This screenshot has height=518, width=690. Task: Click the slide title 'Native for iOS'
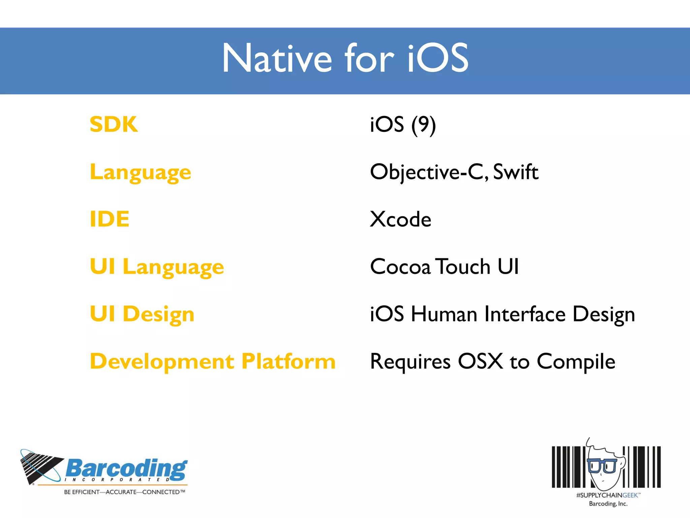[x=345, y=58]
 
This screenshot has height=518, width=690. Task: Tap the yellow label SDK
[x=114, y=124]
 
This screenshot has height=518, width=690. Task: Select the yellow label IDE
[x=109, y=219]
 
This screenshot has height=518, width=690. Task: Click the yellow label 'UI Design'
[x=142, y=314]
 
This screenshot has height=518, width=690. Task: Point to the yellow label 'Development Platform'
[x=213, y=361]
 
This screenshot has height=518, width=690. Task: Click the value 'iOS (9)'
[x=403, y=124]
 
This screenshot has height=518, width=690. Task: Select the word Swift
[x=515, y=172]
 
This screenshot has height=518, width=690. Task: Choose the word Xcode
[x=400, y=219]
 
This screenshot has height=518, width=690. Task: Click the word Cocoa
[x=400, y=267]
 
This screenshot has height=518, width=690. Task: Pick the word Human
[x=444, y=314]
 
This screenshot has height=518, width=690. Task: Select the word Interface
[x=525, y=314]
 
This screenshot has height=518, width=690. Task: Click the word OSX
[x=480, y=361]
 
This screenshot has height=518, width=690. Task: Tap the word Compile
[x=576, y=362]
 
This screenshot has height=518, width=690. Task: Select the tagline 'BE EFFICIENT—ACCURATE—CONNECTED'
[x=124, y=492]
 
